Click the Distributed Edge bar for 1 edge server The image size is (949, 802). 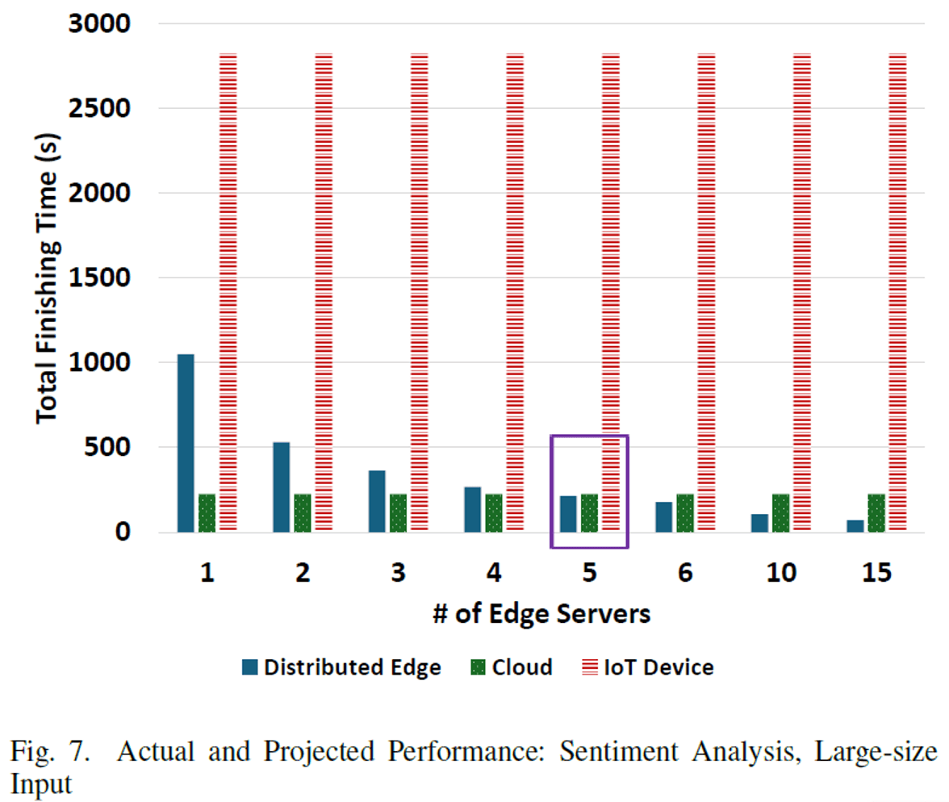coord(186,443)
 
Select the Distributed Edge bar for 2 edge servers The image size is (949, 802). coord(281,487)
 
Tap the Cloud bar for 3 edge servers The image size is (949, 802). coord(398,512)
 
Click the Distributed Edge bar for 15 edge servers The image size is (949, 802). coord(855,525)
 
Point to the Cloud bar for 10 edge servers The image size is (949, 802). coord(781,512)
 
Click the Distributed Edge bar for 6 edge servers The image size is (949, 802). coord(664,516)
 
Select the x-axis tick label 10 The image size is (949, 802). coord(780,573)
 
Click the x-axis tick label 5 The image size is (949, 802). coord(589,573)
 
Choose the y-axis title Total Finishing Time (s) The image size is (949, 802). coord(47,278)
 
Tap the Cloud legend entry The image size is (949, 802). coord(512,667)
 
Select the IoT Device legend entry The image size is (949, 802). coord(648,667)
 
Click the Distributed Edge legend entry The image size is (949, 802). coord(341,667)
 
